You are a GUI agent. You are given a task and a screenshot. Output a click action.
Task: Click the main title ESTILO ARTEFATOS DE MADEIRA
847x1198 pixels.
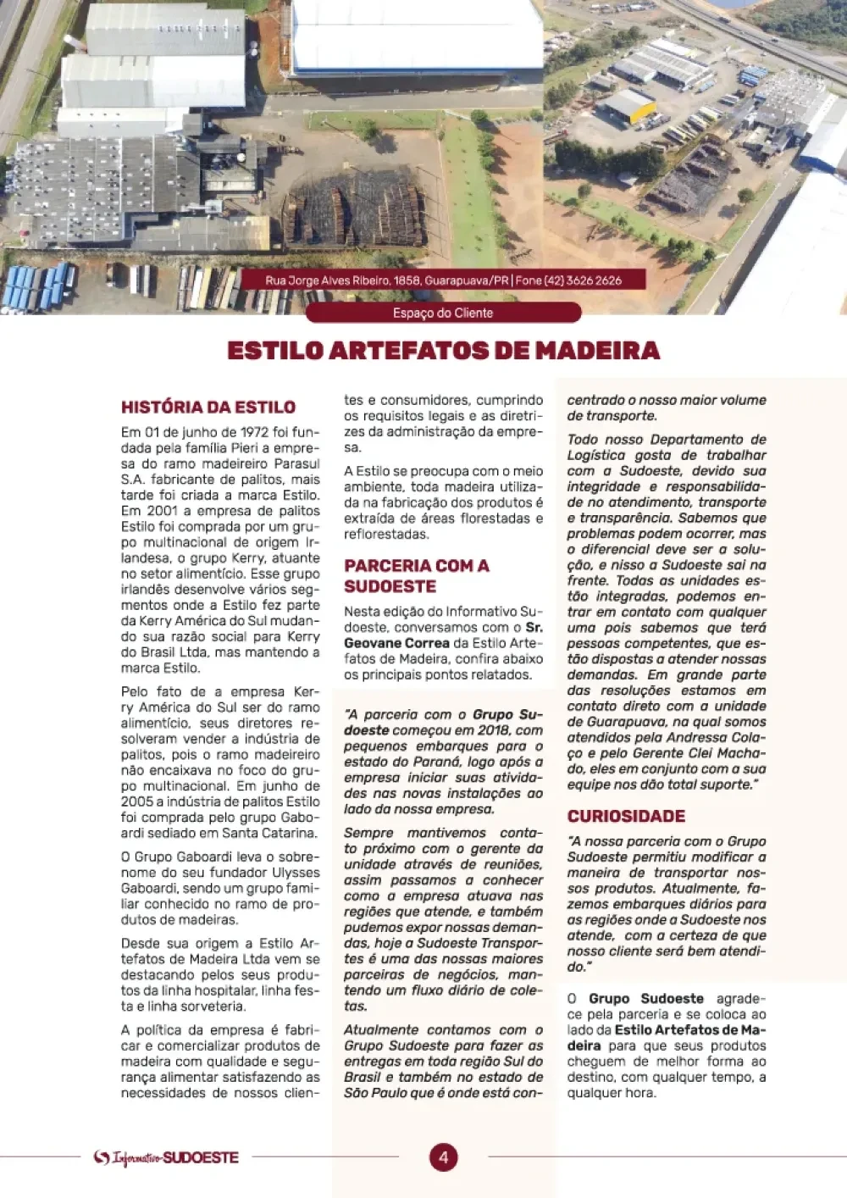coord(443,351)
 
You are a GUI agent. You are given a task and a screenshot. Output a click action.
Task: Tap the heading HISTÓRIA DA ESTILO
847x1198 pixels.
coord(208,407)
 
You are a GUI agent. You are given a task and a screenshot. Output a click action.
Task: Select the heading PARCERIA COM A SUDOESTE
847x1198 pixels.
coord(416,575)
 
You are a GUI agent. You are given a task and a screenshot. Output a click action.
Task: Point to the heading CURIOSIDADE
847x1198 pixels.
coord(626,817)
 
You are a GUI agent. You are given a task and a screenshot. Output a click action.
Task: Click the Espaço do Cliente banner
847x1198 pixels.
coord(443,313)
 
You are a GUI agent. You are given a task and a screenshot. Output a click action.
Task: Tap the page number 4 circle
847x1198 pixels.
coord(443,1157)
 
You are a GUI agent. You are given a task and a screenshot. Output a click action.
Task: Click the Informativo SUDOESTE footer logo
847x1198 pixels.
coord(166,1157)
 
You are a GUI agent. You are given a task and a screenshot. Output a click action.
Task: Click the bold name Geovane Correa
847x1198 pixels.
coord(396,643)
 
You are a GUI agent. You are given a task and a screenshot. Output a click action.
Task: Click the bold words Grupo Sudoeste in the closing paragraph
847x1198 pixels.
coord(641,999)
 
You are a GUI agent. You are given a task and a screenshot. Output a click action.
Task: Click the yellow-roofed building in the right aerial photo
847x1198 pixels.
coord(629,104)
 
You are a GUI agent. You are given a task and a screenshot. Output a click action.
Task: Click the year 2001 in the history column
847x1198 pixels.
coord(162,511)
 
